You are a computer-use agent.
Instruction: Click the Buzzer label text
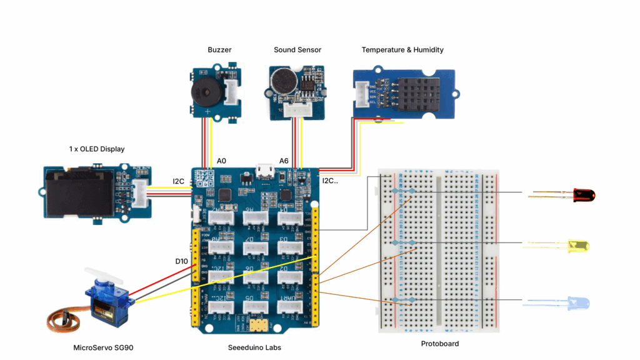point(219,50)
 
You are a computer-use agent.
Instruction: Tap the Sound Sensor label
point(297,50)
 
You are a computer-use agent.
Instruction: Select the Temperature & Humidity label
point(402,50)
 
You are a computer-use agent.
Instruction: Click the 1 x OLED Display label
point(97,149)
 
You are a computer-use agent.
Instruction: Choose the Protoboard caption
point(440,344)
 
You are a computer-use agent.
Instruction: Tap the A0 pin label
point(221,161)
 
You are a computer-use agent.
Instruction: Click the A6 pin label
point(284,161)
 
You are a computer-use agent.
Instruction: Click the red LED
point(584,196)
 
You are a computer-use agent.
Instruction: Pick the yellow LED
point(578,246)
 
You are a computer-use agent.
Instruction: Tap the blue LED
point(578,304)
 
